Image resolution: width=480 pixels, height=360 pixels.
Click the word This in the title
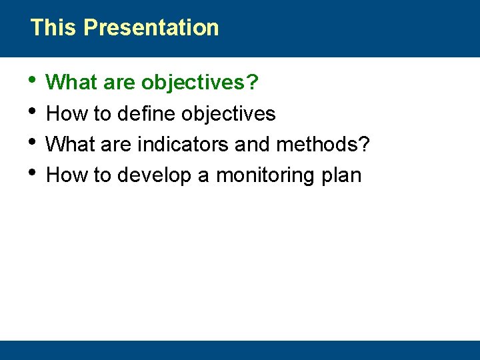(54, 28)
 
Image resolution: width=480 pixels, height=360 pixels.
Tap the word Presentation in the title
(151, 28)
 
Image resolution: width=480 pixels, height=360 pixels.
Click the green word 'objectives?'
(200, 83)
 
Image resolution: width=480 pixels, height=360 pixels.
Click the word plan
(341, 175)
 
